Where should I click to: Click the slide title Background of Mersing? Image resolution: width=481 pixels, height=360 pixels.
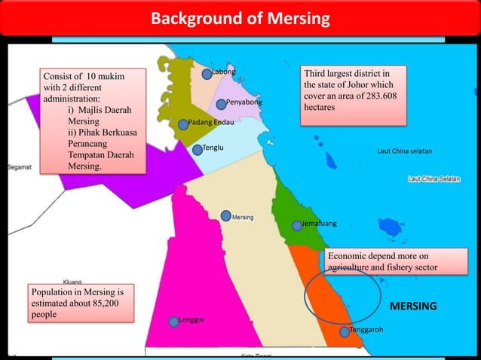(x=240, y=18)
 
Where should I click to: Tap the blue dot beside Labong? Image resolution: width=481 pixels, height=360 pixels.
(x=207, y=74)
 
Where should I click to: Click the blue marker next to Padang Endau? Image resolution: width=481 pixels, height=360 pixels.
(x=182, y=124)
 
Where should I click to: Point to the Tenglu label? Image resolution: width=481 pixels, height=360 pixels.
(x=213, y=148)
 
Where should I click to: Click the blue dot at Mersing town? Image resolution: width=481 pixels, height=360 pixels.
(x=226, y=216)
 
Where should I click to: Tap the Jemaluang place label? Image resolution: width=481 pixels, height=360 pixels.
(x=319, y=224)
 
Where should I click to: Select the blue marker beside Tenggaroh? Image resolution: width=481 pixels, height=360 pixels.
(x=345, y=331)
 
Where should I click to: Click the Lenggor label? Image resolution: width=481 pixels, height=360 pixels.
(x=191, y=320)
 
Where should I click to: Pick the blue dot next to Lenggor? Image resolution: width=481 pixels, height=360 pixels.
(x=174, y=321)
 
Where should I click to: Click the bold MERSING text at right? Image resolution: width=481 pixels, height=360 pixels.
(x=412, y=307)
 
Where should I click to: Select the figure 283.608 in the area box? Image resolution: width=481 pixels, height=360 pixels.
(x=377, y=96)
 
